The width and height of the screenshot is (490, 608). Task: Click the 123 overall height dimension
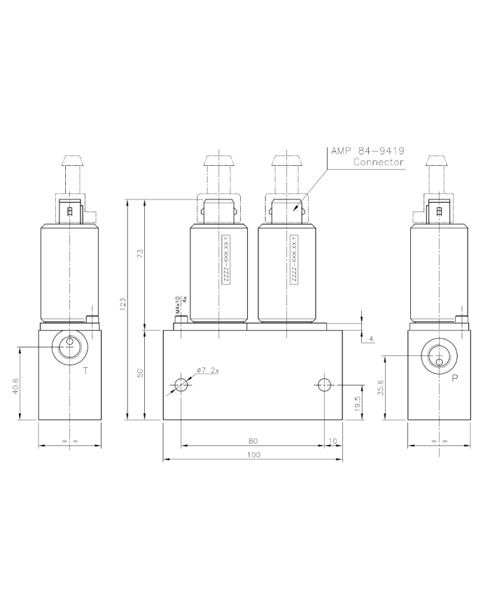(x=122, y=303)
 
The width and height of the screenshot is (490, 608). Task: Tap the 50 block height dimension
(x=140, y=373)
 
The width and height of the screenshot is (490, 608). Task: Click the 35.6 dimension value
(x=380, y=388)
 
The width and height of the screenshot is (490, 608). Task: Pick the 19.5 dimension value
(x=357, y=403)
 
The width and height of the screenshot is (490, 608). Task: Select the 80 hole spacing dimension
(x=253, y=441)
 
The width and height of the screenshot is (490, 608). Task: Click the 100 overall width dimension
(x=253, y=455)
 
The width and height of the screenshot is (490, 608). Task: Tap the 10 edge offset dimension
(x=332, y=441)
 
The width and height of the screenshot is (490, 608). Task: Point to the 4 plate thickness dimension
(x=371, y=339)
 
